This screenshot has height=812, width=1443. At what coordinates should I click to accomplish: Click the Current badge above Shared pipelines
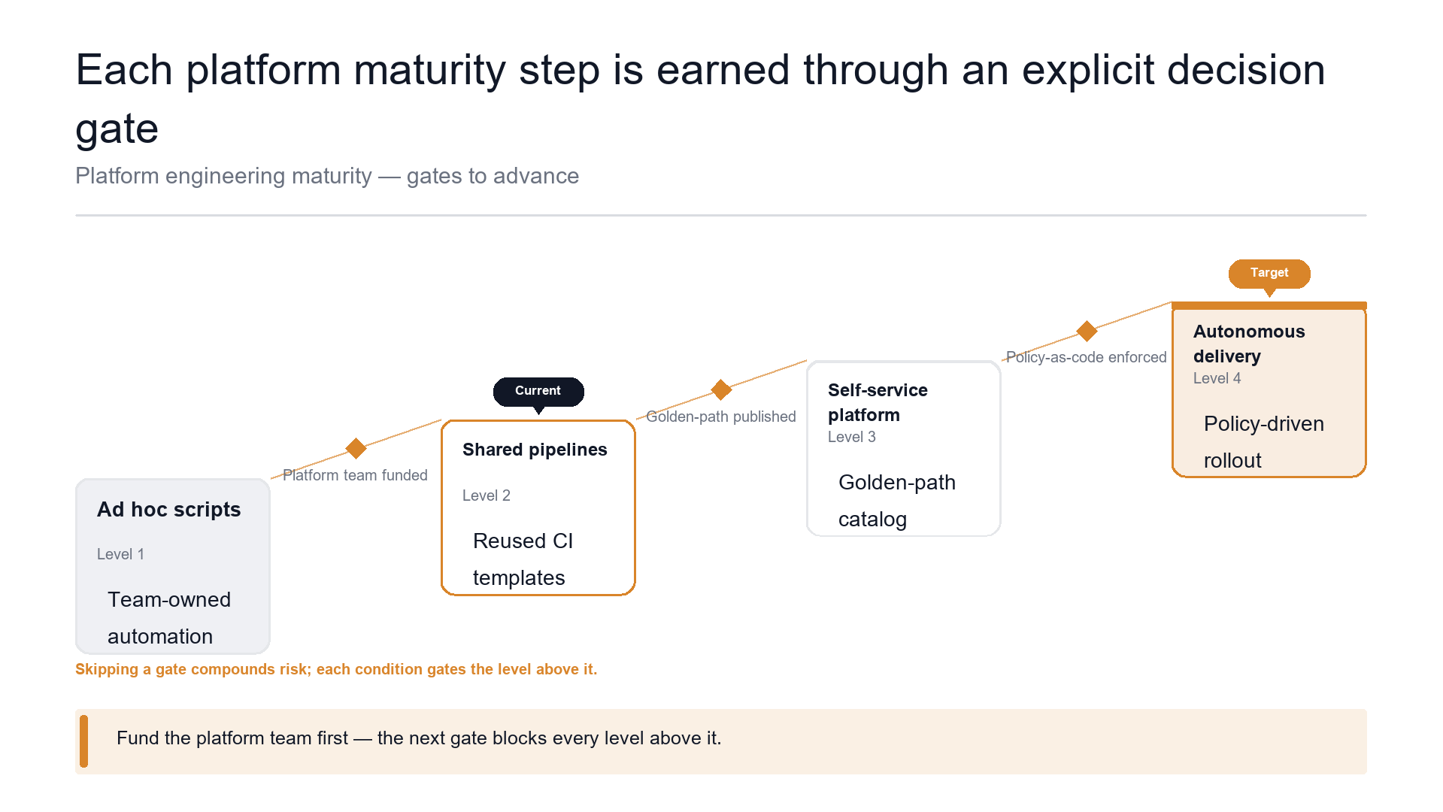coord(538,392)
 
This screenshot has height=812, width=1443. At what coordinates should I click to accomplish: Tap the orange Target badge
coord(1269,274)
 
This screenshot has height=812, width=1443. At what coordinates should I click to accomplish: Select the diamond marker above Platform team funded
coord(356,449)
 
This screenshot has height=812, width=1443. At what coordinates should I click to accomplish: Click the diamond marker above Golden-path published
coord(721,390)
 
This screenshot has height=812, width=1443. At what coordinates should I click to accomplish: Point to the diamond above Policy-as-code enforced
coord(1087,331)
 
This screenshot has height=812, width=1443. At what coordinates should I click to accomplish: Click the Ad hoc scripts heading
coord(168,510)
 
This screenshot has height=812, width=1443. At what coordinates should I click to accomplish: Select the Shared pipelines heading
coord(535,450)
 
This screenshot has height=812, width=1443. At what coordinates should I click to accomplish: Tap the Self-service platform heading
coord(878,402)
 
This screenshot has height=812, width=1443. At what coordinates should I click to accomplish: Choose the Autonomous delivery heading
coord(1249,344)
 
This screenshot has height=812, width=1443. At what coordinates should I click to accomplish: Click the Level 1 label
coord(120,554)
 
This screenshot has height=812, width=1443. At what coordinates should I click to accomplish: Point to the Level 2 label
coord(486,495)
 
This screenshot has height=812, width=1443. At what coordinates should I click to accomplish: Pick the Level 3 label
coord(851,437)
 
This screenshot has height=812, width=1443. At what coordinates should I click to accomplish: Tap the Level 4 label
coord(1217,378)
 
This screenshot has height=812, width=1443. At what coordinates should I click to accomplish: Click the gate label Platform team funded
coord(355,475)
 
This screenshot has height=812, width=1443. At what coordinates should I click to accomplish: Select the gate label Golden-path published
coord(721,417)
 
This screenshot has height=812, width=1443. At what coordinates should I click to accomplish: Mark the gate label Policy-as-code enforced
coord(1087,357)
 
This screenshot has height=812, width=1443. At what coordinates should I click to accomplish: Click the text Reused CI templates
coord(523,559)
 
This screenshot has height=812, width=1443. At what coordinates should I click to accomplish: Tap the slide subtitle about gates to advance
coord(327,176)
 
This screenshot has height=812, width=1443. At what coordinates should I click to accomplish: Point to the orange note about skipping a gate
coord(336,669)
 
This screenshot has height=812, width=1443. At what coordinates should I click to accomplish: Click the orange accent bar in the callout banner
coord(83,741)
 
